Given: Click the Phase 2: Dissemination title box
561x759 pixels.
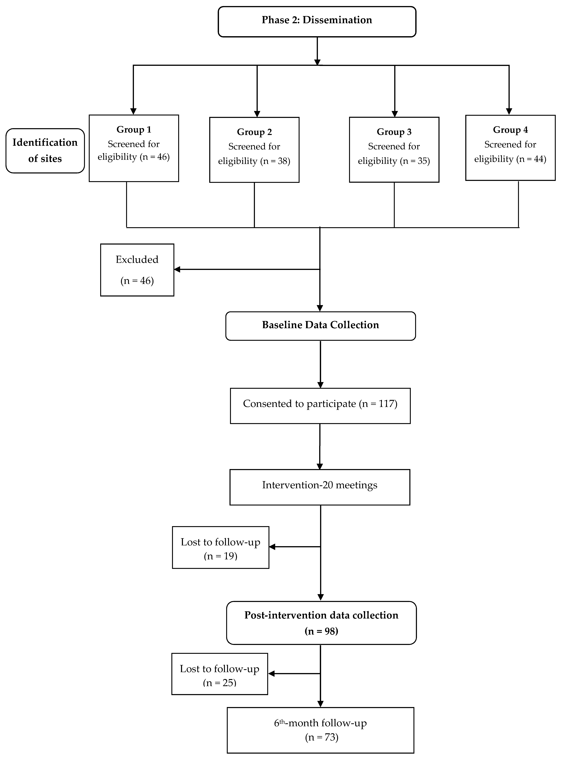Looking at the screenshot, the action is pyautogui.click(x=317, y=21).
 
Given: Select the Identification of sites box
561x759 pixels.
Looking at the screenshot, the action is pyautogui.click(x=45, y=151).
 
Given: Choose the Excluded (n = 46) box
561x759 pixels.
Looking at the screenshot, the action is pyautogui.click(x=137, y=270).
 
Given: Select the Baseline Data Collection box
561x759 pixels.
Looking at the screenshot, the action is pyautogui.click(x=321, y=326).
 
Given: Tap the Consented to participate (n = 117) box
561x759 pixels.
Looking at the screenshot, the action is pyautogui.click(x=320, y=406).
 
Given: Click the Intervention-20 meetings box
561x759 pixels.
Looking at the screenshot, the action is pyautogui.click(x=320, y=487).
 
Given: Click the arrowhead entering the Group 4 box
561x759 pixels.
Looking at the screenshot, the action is pyautogui.click(x=509, y=111).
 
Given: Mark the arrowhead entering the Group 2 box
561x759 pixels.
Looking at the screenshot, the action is pyautogui.click(x=257, y=114).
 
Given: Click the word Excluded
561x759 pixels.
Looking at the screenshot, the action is pyautogui.click(x=137, y=259).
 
